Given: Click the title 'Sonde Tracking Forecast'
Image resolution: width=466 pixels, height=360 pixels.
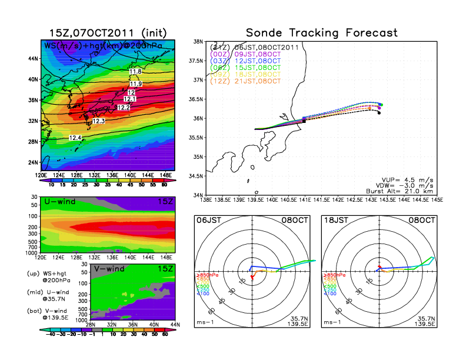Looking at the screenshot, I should click(x=321, y=33).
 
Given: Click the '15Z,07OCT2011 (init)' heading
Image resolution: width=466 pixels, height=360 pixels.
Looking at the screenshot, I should click(x=108, y=33).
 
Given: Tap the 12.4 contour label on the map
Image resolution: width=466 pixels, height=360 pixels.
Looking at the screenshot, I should click(x=75, y=138).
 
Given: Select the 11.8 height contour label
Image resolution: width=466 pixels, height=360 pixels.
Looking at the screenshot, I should click(x=135, y=72).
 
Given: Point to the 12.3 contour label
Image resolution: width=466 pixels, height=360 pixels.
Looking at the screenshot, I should click(x=98, y=121).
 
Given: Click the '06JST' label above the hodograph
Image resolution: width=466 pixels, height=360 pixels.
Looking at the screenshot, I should click(x=207, y=220).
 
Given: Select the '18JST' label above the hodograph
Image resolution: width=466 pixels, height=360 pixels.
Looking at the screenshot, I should click(x=334, y=220).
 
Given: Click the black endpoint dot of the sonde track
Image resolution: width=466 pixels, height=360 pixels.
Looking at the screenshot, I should click(x=379, y=113).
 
